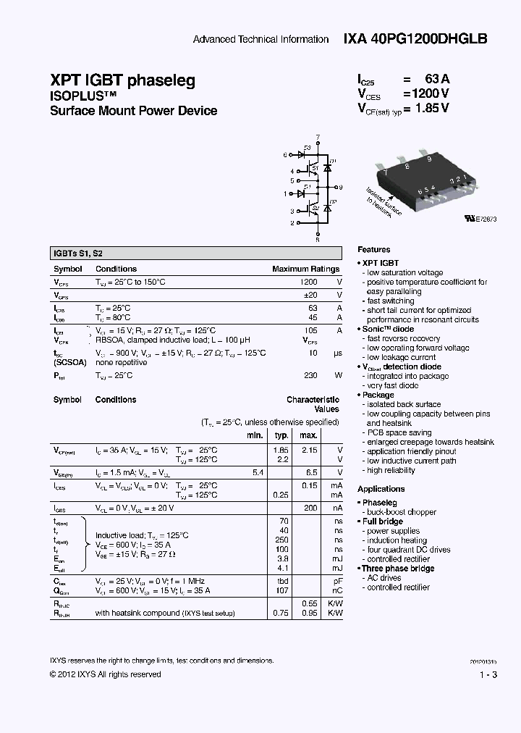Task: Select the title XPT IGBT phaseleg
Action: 122,80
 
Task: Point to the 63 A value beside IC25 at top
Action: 438,80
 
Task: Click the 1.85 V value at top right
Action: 433,109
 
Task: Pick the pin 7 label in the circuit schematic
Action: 318,136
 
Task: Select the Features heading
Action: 373,249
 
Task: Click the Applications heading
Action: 381,489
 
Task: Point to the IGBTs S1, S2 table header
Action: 78,254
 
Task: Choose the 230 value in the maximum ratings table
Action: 310,375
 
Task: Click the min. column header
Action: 255,435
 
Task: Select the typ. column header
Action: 281,435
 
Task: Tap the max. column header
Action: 308,435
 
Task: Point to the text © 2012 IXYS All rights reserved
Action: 106,674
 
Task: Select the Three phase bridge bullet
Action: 398,569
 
